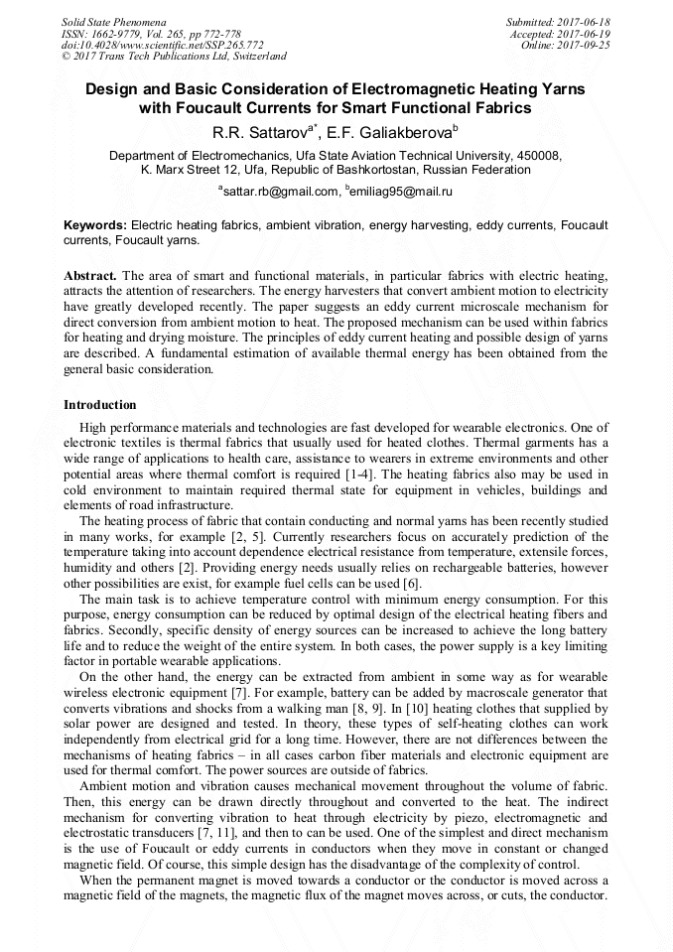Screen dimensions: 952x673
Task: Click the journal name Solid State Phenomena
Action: [112, 21]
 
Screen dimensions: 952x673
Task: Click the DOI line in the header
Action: [162, 45]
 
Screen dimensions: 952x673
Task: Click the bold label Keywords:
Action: [95, 226]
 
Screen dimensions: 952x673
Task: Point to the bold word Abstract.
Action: [90, 273]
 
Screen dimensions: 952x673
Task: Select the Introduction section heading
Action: [100, 405]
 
